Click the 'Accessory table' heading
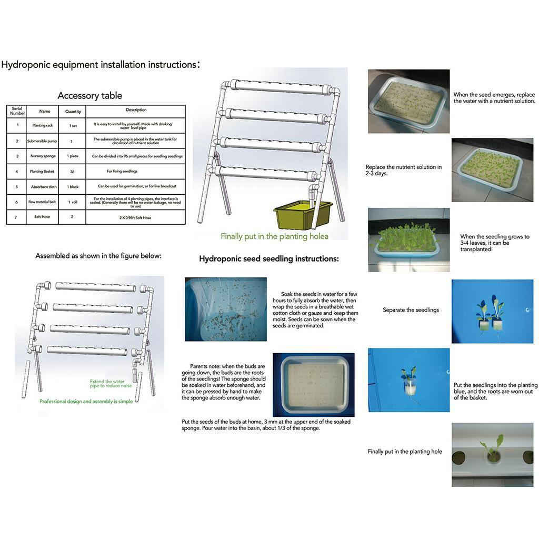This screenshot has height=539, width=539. coord(89,95)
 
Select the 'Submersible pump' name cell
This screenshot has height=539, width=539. coord(42,141)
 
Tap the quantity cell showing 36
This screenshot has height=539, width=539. coord(73,172)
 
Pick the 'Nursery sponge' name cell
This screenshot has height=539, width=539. coord(42,156)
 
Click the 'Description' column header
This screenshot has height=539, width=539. coord(136,111)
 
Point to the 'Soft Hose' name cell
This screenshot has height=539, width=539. coord(42,217)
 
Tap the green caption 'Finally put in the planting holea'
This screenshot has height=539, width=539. coord(271,236)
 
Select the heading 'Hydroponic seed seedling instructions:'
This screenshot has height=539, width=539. coord(268,259)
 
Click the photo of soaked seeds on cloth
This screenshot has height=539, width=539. coord(226,309)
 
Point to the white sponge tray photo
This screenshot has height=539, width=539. coord(314,384)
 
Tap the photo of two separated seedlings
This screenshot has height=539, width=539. coord(492,311)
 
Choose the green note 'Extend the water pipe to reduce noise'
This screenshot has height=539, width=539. coord(111,384)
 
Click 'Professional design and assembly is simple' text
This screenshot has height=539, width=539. coord(86,401)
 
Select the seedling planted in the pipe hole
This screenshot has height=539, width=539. coord(492,450)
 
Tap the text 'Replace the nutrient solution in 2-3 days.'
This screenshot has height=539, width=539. coord(404,170)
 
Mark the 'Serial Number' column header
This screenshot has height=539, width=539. coord(17,111)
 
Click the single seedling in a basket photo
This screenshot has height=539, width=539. coord(409,380)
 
